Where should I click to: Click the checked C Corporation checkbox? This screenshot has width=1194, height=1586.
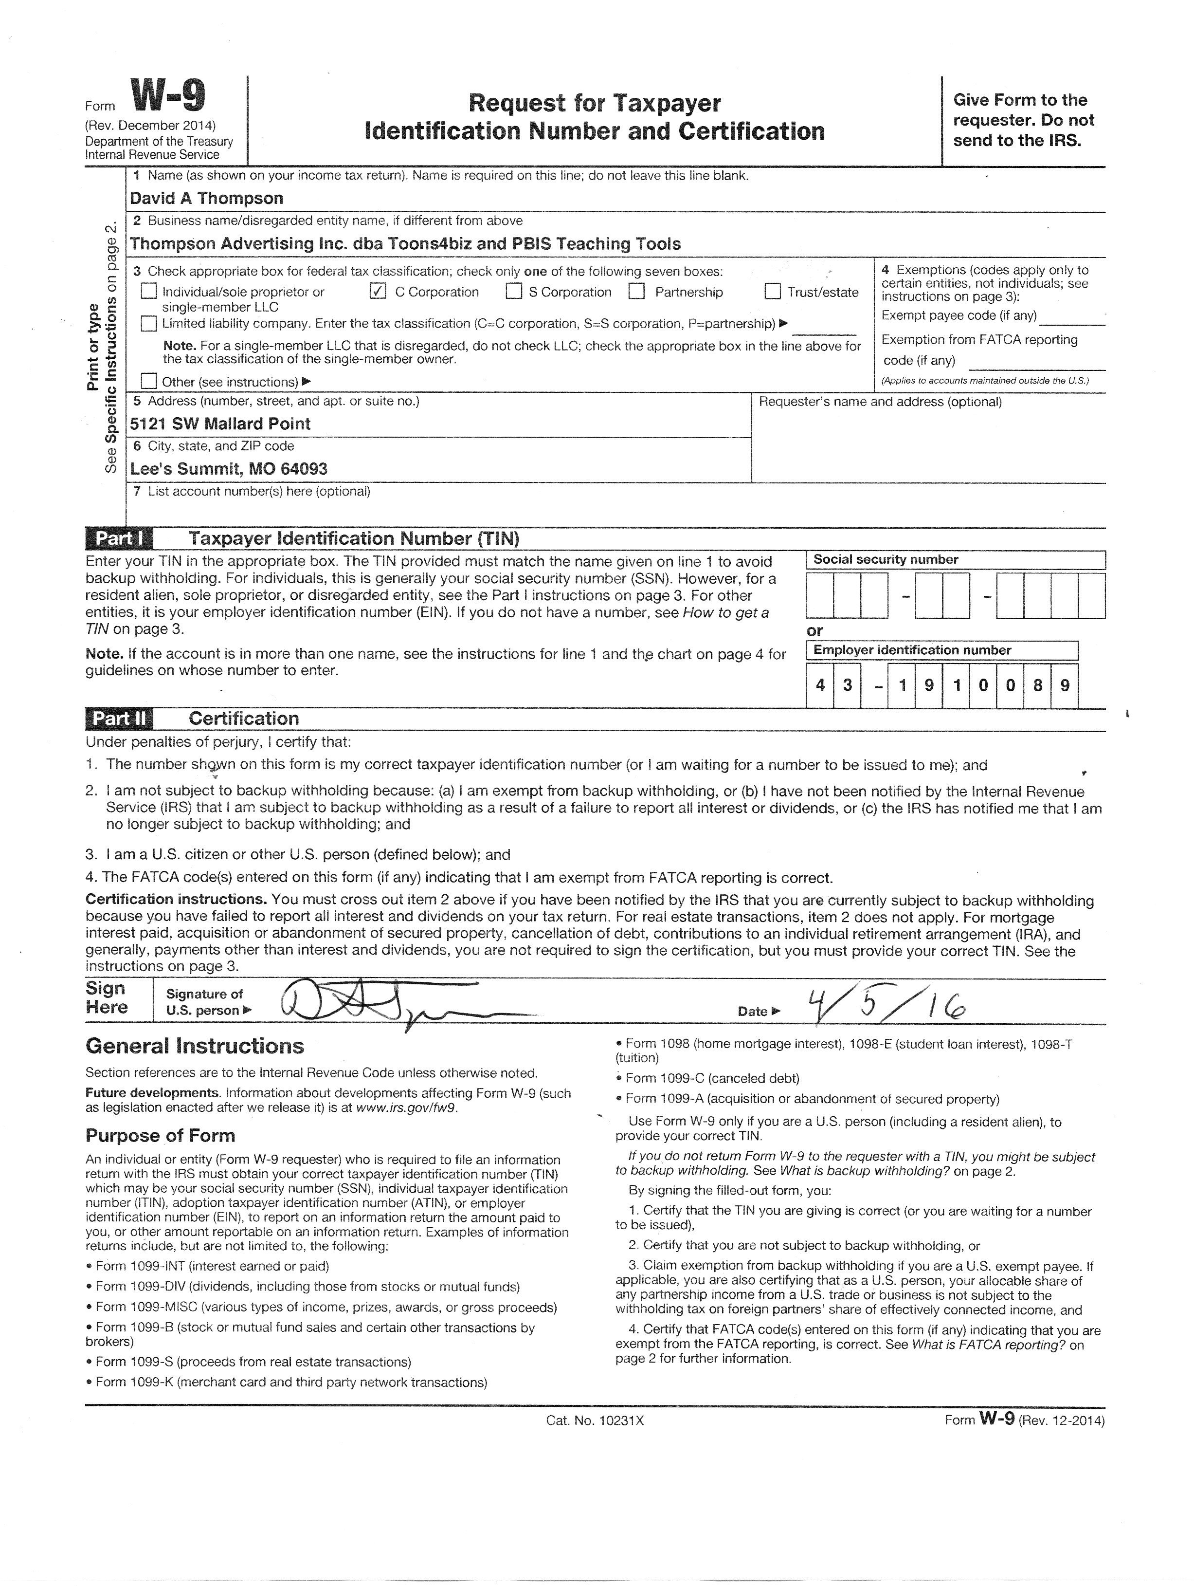click(378, 291)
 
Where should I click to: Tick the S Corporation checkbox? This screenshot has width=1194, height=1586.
click(514, 291)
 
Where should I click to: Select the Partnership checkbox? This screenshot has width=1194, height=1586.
click(636, 291)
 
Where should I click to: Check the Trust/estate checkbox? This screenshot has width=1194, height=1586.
click(772, 291)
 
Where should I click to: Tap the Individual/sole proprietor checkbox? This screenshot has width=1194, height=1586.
click(149, 291)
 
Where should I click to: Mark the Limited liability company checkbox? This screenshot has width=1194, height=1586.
click(149, 323)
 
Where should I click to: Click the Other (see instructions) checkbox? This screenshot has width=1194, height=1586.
click(149, 381)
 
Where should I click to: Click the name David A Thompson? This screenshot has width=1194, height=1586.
click(206, 199)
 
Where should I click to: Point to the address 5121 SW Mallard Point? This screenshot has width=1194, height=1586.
click(220, 424)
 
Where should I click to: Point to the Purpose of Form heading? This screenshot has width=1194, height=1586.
click(160, 1136)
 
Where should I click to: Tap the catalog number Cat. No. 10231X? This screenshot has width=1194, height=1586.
click(595, 1420)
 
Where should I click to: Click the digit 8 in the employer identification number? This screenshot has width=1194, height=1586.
click(1037, 685)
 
